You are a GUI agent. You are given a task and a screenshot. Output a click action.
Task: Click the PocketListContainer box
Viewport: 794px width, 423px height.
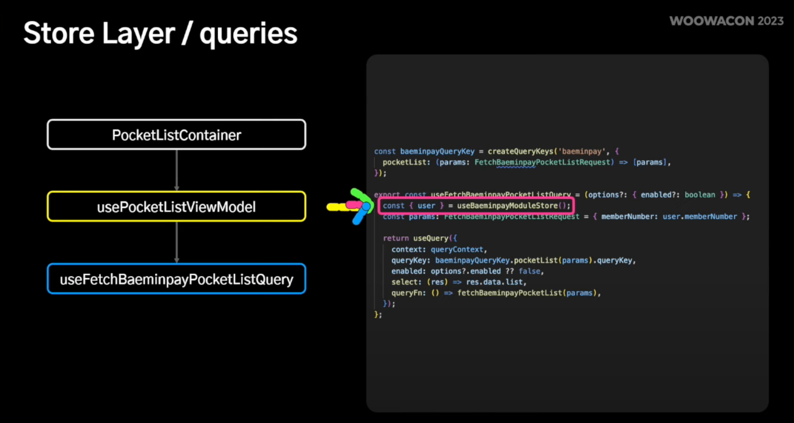176,135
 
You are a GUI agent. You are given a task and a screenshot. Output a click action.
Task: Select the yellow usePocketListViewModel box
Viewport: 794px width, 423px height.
176,206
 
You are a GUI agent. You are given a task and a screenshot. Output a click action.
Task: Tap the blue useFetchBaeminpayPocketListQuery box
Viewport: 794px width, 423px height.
176,279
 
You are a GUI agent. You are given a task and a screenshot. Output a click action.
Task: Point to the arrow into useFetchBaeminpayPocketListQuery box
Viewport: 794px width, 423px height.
177,243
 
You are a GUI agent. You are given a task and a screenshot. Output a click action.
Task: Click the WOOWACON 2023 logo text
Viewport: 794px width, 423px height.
726,21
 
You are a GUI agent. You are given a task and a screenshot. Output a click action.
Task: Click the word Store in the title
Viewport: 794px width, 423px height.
59,33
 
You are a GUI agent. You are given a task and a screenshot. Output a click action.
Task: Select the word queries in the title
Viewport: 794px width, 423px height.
248,33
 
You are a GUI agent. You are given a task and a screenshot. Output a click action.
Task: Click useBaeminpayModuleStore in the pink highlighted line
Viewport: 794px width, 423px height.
507,205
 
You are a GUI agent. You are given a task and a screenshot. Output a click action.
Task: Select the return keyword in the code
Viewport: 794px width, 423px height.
395,238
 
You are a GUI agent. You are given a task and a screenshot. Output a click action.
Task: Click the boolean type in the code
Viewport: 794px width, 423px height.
700,195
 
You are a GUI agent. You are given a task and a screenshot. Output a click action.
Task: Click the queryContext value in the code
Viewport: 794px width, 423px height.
457,249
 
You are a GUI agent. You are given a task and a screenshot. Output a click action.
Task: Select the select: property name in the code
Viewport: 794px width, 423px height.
406,282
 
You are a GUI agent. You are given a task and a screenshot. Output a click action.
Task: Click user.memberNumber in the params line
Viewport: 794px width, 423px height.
699,217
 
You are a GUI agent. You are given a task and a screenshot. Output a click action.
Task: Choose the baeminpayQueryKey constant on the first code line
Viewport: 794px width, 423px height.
437,151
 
